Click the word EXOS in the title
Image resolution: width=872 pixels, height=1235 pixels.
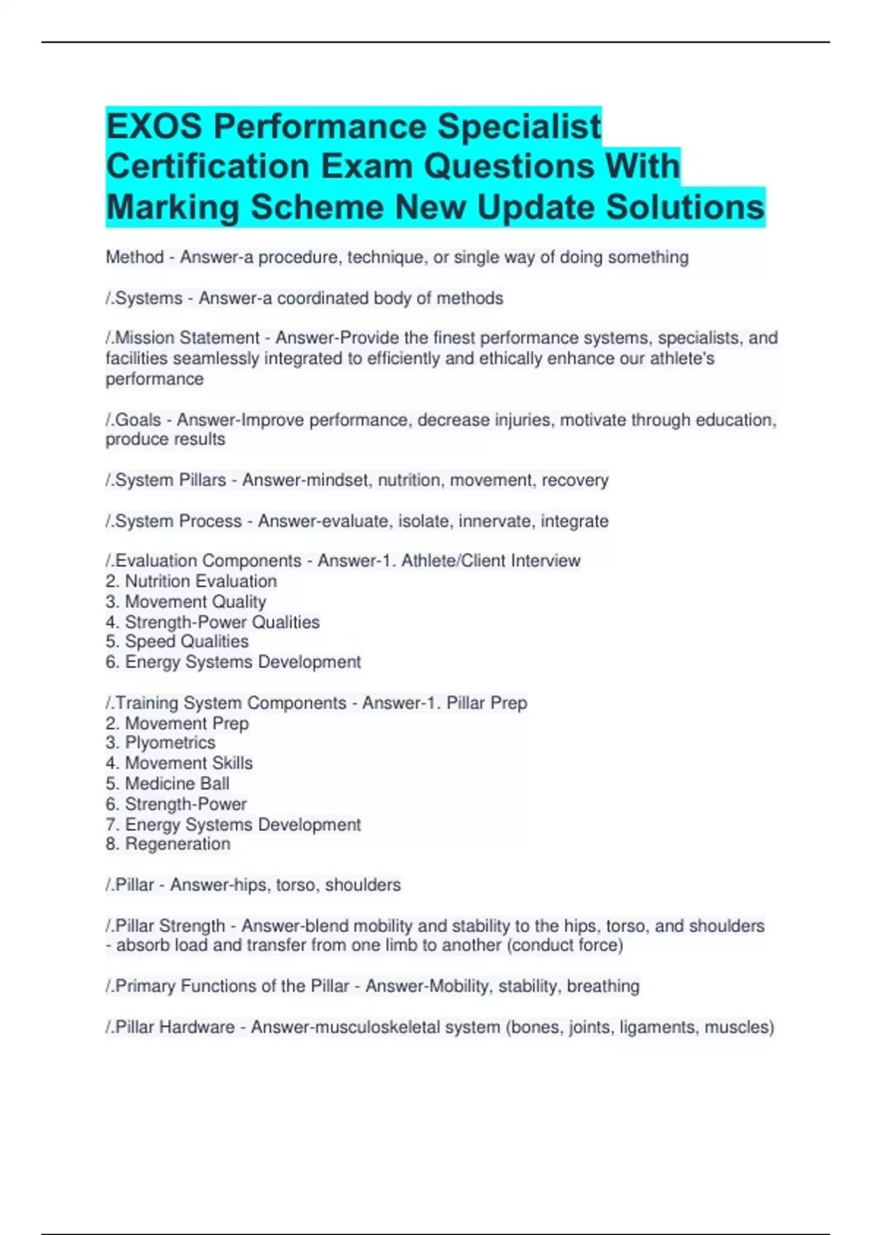pos(154,126)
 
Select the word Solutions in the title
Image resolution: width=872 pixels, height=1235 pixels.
pos(685,207)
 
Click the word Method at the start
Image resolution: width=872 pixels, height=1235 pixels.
pos(134,257)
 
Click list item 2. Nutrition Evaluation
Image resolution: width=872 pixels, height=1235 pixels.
pos(191,581)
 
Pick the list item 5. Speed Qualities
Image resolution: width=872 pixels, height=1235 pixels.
pos(177,641)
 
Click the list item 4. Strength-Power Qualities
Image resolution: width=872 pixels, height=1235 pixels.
pos(212,622)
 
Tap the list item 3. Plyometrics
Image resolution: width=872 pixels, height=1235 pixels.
pos(161,742)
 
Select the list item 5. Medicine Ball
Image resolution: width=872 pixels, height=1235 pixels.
pos(167,783)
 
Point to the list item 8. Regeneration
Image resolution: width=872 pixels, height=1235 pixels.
pos(168,843)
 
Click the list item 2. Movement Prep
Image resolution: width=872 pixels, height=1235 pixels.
pos(177,723)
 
